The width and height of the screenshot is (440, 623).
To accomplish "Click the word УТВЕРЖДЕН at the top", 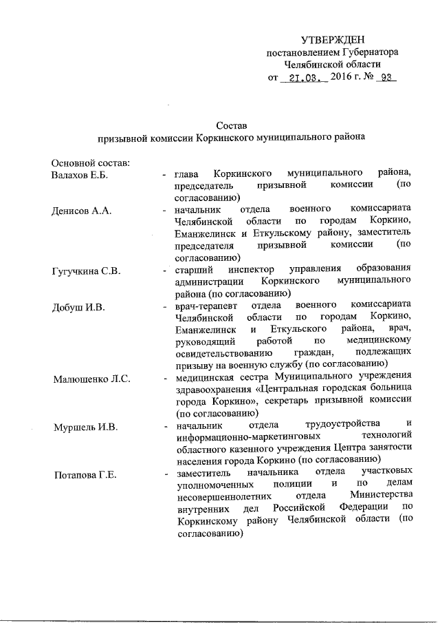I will pos(333,41).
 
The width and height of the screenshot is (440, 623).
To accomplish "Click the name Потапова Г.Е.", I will pos(86,475).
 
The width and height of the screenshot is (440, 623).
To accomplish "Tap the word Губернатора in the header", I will pos(371,53).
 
